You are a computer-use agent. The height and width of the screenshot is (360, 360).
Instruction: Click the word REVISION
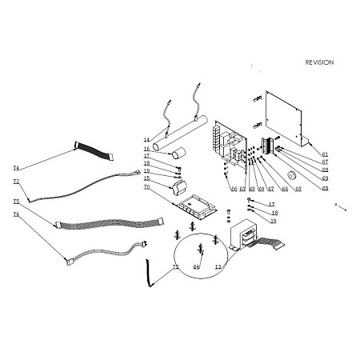pyautogui.click(x=319, y=62)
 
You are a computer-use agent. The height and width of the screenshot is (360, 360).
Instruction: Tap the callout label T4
pyautogui.click(x=16, y=168)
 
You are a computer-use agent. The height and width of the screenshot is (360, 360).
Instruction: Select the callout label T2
pyautogui.click(x=16, y=182)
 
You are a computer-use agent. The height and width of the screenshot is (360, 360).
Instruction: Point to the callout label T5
pyautogui.click(x=16, y=202)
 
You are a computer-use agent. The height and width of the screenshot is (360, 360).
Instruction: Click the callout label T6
pyautogui.click(x=16, y=215)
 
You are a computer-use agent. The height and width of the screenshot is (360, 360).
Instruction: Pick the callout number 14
pyautogui.click(x=147, y=139)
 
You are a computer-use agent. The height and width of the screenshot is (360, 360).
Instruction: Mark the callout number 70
pyautogui.click(x=147, y=186)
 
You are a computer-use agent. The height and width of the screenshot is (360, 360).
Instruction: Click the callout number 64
pyautogui.click(x=196, y=266)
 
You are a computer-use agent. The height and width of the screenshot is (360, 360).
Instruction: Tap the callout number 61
pyautogui.click(x=325, y=154)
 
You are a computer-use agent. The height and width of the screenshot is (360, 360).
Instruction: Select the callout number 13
pyautogui.click(x=218, y=266)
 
